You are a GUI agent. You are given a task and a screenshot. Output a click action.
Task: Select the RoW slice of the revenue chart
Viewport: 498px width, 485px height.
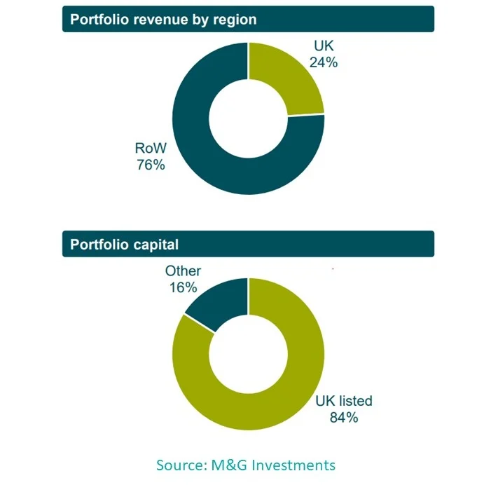click(210, 154)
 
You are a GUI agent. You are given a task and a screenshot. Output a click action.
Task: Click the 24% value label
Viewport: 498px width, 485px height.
click(324, 62)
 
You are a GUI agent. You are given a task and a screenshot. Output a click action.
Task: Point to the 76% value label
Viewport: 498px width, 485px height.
click(150, 165)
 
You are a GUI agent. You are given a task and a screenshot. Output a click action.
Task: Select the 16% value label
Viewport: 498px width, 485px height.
click(183, 287)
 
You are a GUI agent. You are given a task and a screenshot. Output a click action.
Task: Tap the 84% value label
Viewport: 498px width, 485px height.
click(344, 418)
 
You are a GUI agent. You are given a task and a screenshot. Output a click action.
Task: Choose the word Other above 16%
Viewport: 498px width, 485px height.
click(183, 271)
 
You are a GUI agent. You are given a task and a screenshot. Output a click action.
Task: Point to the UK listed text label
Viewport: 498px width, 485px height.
click(344, 402)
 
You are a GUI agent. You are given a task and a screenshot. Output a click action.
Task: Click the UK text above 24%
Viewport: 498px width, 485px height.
click(324, 46)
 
